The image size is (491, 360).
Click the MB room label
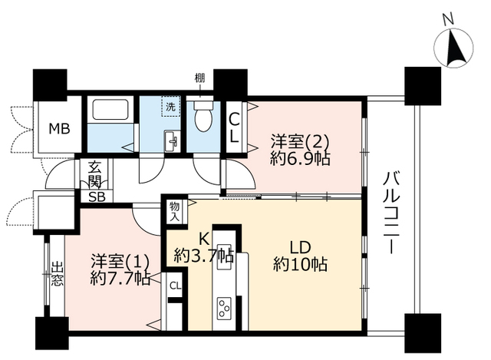(60, 129)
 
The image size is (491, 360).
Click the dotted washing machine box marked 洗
(170, 107)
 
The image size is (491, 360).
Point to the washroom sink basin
(171, 142)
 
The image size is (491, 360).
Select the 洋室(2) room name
(300, 142)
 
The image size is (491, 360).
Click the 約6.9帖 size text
(300, 159)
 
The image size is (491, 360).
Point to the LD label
(300, 247)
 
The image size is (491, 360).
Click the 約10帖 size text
(300, 265)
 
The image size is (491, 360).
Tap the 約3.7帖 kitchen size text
(204, 256)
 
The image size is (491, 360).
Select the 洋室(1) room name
(120, 261)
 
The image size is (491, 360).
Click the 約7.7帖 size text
(120, 278)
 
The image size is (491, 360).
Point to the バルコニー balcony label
(391, 212)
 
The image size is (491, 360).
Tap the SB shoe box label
(97, 197)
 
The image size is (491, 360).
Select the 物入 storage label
(175, 212)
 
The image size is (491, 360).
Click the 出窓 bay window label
(58, 276)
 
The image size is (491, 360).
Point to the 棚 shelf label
(199, 78)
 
